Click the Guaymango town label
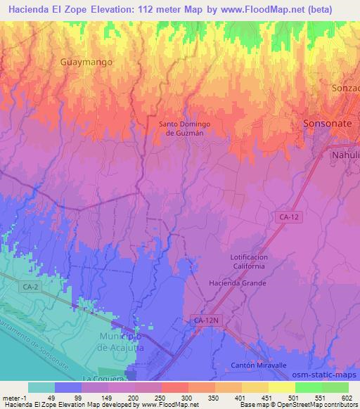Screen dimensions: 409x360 pos(86,61)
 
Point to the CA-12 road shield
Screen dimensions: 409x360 pos(288,219)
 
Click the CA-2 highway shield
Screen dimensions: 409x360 pos(29,287)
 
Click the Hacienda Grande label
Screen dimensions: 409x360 pos(237,283)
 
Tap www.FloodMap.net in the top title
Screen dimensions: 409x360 pos(265,8)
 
